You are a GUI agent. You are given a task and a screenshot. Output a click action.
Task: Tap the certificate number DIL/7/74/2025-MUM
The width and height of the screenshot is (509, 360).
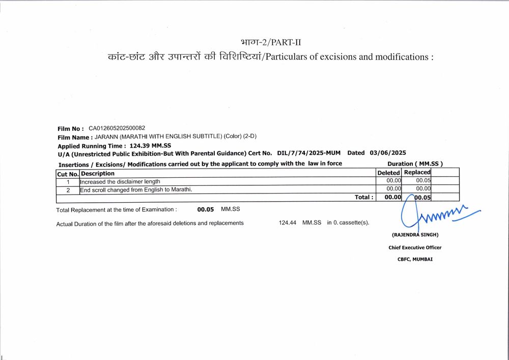[309, 153]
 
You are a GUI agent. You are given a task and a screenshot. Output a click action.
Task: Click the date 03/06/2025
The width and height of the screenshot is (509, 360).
[388, 153]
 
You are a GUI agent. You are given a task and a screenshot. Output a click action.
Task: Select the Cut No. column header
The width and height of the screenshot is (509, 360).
[68, 174]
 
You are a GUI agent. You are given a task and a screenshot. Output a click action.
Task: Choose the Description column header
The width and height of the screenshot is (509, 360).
[98, 174]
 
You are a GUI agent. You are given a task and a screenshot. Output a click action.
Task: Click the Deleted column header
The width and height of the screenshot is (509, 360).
[388, 173]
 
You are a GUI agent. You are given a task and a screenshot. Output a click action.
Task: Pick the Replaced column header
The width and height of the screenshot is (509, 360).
[417, 173]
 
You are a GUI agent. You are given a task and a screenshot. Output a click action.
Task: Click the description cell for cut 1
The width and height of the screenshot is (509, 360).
[120, 181]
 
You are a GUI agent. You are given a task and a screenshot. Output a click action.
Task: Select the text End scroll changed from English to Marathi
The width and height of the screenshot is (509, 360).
[136, 190]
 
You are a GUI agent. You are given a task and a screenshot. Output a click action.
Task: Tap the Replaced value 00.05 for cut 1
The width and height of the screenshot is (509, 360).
[423, 181]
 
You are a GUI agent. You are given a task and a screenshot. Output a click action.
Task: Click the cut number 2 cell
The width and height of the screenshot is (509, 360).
[68, 190]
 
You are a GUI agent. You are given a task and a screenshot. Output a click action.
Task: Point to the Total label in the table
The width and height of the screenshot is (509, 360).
[364, 197]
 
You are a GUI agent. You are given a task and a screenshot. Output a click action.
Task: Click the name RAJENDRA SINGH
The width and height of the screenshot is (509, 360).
[415, 235]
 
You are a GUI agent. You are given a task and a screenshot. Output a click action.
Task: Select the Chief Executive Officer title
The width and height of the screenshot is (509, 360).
[415, 247]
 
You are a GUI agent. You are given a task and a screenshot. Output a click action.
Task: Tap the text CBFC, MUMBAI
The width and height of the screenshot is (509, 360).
[415, 259]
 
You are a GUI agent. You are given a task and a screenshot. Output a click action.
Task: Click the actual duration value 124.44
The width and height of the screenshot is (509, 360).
[288, 223]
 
